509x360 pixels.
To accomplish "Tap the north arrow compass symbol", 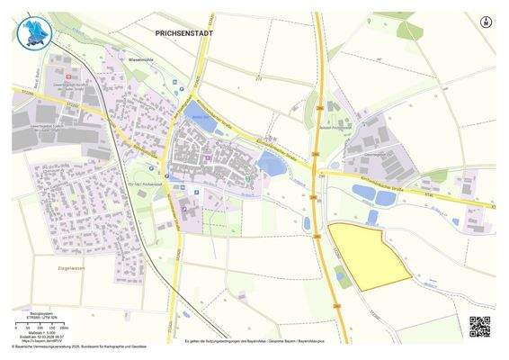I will click(x=487, y=21).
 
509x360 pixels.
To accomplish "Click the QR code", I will click(x=479, y=326).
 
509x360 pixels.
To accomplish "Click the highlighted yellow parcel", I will click(x=366, y=255).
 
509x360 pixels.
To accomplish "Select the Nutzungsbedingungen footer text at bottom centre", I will click(x=254, y=342).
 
